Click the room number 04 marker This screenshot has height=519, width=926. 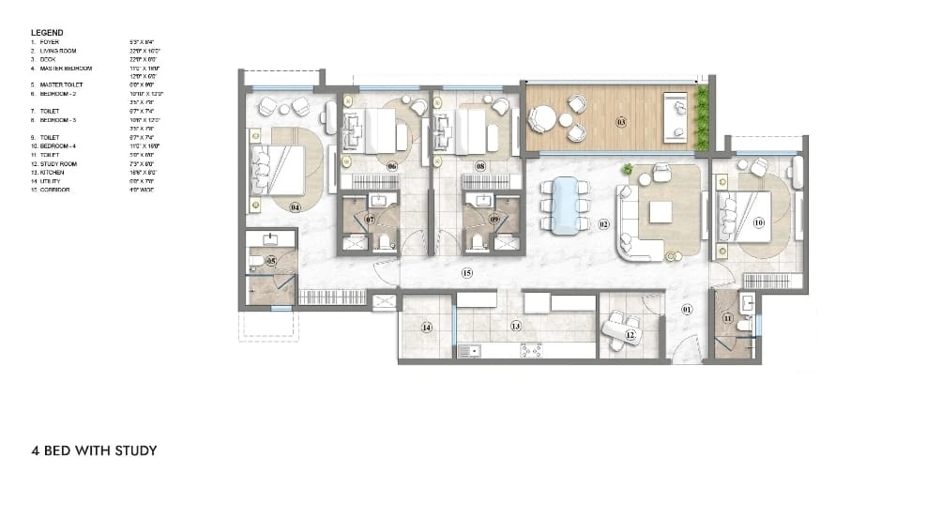point(295,206)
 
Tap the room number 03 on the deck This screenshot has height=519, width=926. point(621,122)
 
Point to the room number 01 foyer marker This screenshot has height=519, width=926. point(686,309)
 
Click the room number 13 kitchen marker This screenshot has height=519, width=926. point(515,326)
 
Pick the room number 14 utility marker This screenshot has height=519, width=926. point(426,328)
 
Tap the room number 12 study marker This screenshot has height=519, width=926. point(631,334)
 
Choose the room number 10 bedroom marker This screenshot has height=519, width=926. point(758,222)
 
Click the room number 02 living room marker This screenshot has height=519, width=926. point(604,224)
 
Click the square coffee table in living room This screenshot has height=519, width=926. point(660,212)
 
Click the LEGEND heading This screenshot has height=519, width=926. point(47,33)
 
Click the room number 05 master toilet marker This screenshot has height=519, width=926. point(271,260)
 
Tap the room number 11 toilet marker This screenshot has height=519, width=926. point(729,319)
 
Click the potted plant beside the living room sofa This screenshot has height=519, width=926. point(627,169)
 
